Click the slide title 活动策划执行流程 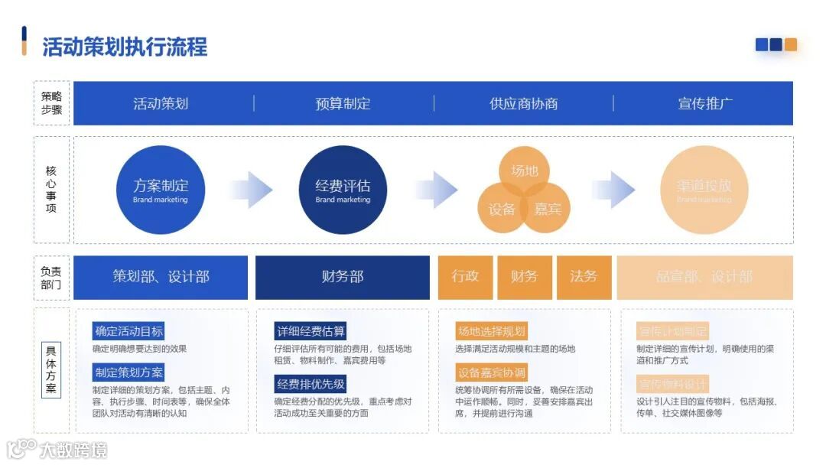[x=125, y=47]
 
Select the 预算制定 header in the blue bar [x=343, y=103]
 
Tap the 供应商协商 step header [x=524, y=103]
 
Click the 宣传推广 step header [x=705, y=103]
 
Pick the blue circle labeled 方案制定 [x=161, y=190]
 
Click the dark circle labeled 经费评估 [x=343, y=190]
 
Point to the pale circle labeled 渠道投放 [x=704, y=190]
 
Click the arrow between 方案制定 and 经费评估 [x=251, y=190]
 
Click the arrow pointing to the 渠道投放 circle [x=613, y=190]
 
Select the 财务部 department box [x=343, y=277]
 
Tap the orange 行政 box [x=465, y=277]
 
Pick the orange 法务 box [x=584, y=277]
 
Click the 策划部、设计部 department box [x=161, y=277]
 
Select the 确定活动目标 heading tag [x=128, y=331]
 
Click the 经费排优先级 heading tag [x=311, y=384]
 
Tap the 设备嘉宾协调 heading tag [x=491, y=372]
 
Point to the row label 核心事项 [x=51, y=190]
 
